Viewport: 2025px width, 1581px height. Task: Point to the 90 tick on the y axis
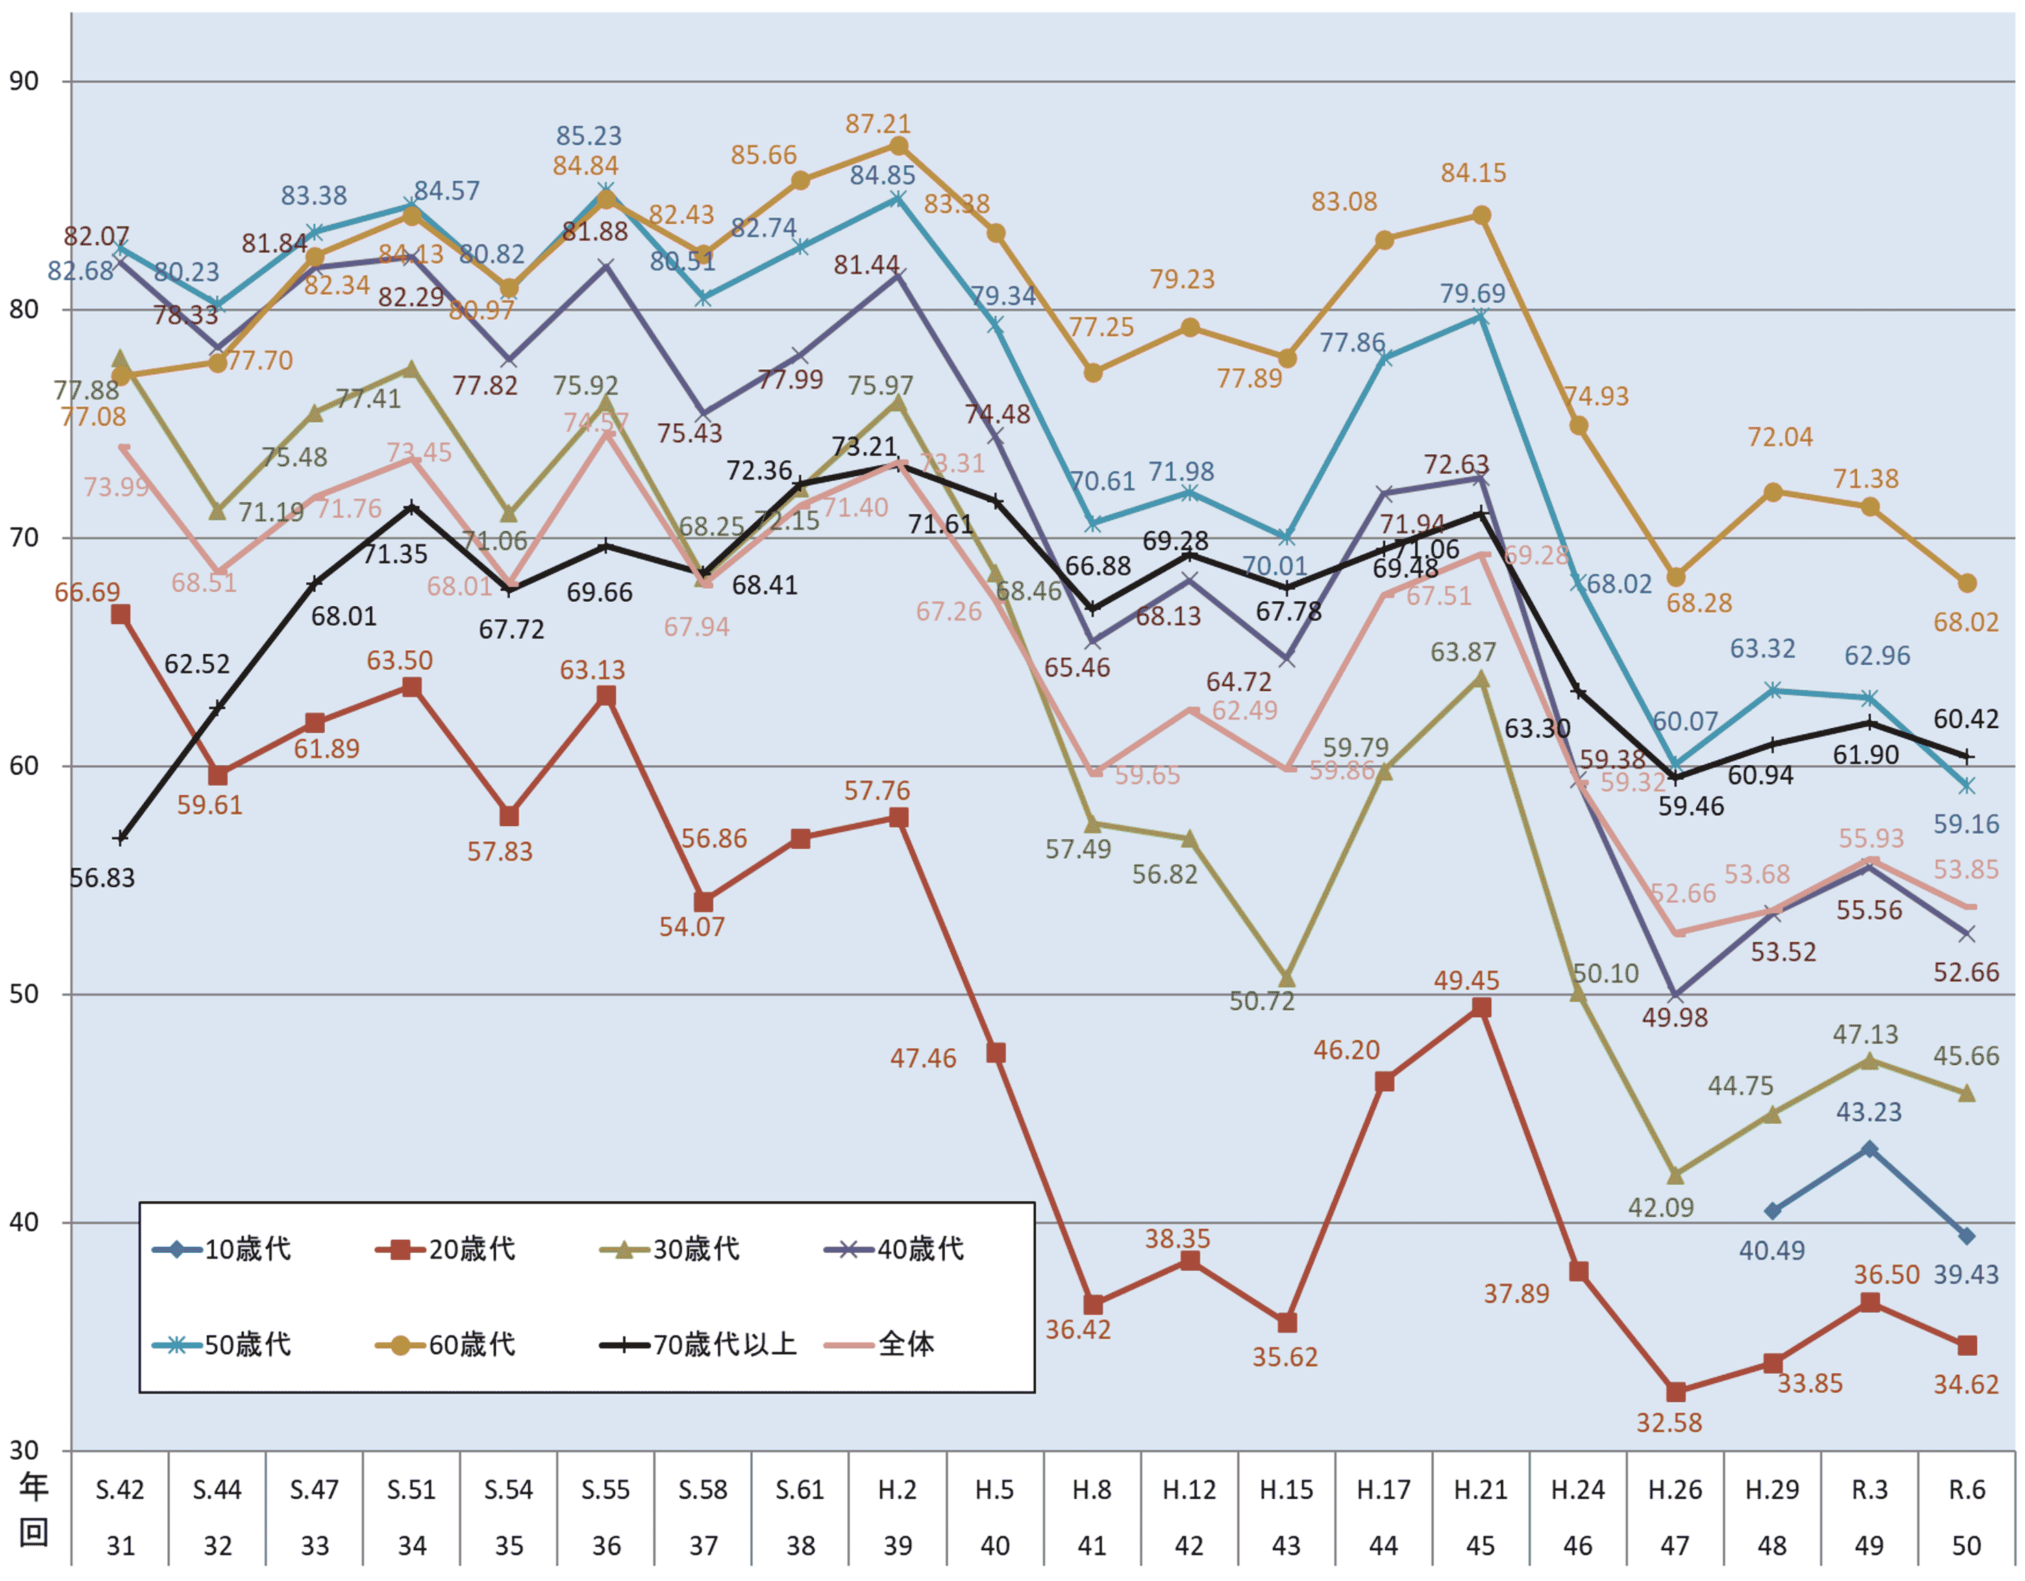pyautogui.click(x=24, y=82)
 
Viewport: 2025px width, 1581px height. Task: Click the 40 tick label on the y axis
pyautogui.click(x=24, y=1222)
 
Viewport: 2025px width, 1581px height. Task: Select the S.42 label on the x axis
pyautogui.click(x=120, y=1490)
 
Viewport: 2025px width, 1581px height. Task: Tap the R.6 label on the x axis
pyautogui.click(x=1967, y=1490)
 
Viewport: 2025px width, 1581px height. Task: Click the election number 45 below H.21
pyautogui.click(x=1481, y=1546)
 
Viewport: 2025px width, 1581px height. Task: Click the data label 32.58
pyautogui.click(x=1669, y=1423)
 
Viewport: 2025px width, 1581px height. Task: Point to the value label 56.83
pyautogui.click(x=102, y=877)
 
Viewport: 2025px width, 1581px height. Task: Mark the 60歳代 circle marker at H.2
pyautogui.click(x=899, y=146)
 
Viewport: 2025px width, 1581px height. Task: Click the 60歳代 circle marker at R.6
pyautogui.click(x=1967, y=583)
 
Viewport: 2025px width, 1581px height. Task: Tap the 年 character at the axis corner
pyautogui.click(x=34, y=1487)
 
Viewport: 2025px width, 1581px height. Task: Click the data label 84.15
pyautogui.click(x=1474, y=173)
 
